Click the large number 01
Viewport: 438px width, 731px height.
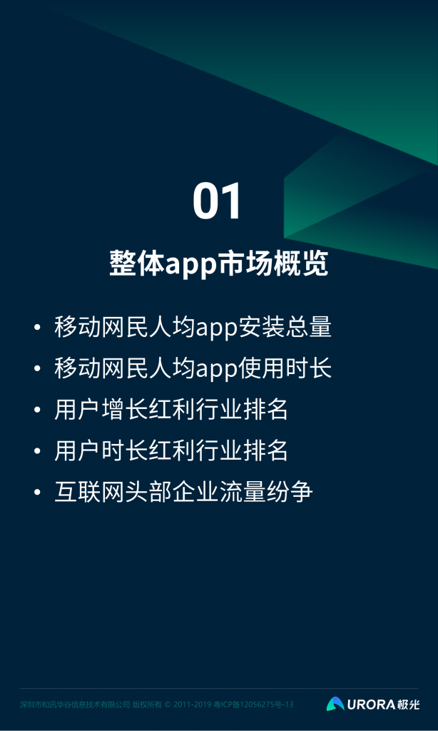(x=218, y=202)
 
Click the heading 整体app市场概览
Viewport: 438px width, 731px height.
(x=218, y=263)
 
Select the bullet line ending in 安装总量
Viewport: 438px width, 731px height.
(x=193, y=327)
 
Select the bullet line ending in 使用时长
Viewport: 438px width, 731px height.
(x=193, y=368)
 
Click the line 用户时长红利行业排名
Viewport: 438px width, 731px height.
(x=171, y=451)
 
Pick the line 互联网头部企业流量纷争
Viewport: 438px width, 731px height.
(x=183, y=493)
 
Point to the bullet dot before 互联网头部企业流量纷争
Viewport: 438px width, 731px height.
(x=37, y=493)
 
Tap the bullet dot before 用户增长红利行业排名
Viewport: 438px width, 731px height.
(x=37, y=410)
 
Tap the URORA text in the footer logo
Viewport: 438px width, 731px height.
(x=370, y=705)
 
